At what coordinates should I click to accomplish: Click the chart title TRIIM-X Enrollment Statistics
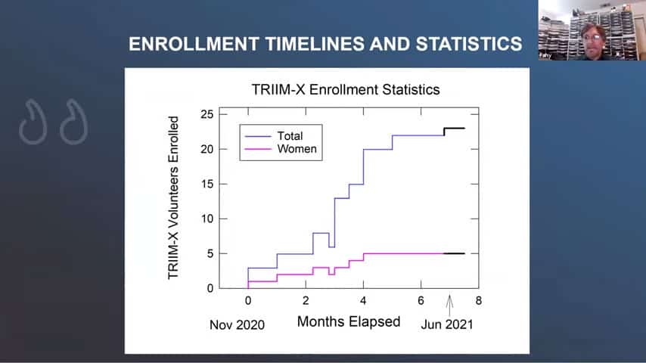(346, 89)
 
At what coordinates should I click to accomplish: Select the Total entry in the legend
(290, 136)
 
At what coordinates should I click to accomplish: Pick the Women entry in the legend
(297, 149)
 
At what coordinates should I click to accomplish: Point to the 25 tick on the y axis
(206, 114)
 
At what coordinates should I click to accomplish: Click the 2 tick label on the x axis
(306, 301)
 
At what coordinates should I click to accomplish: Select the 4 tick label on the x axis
(363, 301)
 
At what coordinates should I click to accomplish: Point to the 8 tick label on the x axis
(478, 301)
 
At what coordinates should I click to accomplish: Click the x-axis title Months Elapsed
(349, 321)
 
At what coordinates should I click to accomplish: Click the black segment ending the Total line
(454, 129)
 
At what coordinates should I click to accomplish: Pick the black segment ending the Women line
(454, 253)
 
